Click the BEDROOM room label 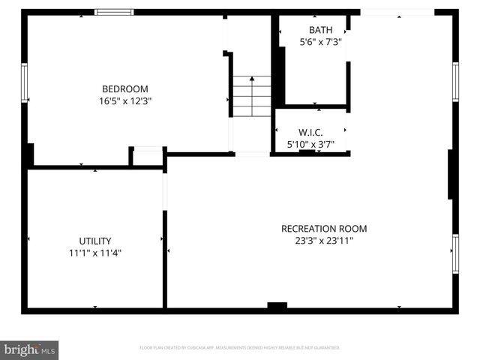(x=125, y=88)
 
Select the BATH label (x=320, y=30)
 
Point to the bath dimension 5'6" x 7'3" (x=320, y=42)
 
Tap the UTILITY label (x=95, y=241)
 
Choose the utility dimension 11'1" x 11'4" (x=95, y=253)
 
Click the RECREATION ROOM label (x=324, y=229)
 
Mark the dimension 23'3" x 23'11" (x=324, y=241)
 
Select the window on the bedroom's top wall (x=114, y=12)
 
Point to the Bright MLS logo (x=30, y=349)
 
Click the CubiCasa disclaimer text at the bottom (x=240, y=348)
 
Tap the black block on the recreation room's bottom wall (x=277, y=306)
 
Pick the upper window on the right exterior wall (x=455, y=81)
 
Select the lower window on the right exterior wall (x=455, y=253)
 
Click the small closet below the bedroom (x=148, y=157)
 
